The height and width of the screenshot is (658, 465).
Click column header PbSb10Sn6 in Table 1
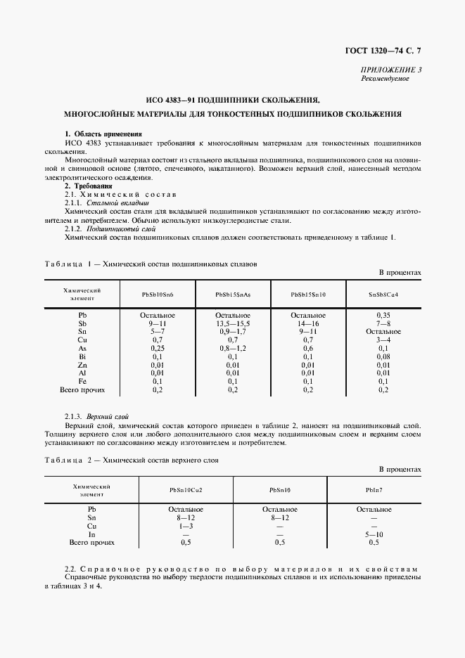(158, 294)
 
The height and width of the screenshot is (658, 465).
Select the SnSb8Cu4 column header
(383, 294)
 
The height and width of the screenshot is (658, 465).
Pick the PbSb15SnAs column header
(233, 294)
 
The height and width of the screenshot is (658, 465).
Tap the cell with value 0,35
(383, 316)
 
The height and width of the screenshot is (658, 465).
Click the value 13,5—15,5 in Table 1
(233, 323)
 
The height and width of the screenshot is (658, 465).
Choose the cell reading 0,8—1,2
(233, 348)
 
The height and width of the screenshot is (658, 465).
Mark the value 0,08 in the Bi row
(383, 356)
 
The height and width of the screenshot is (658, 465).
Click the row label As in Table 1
(82, 348)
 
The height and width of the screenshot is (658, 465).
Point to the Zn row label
(82, 365)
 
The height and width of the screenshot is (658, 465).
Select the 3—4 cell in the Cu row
(383, 340)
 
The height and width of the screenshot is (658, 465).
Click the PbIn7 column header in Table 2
(374, 489)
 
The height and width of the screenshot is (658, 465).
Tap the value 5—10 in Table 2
(374, 534)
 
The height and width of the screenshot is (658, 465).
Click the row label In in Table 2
(91, 534)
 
